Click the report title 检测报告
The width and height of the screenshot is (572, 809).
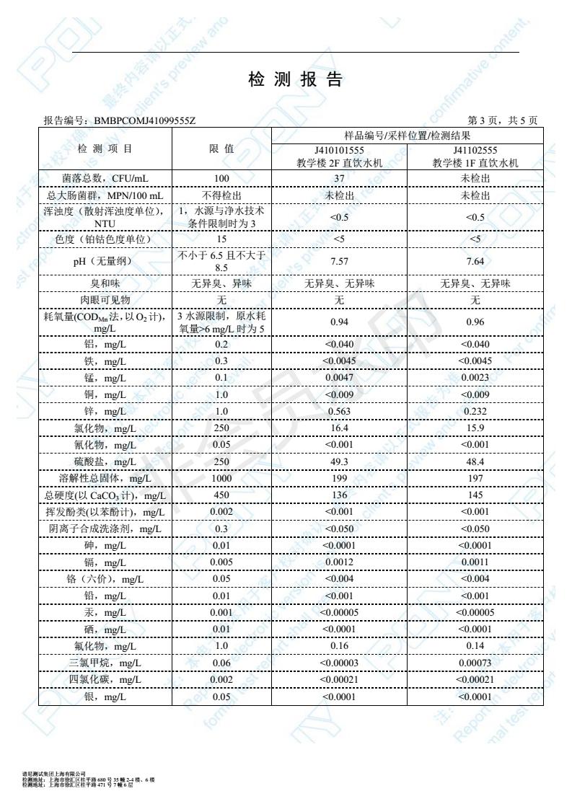[x=295, y=81]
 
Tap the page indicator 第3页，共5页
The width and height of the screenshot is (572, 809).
[x=503, y=120]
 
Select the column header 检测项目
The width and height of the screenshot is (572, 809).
[x=105, y=149]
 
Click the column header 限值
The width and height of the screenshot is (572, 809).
[x=221, y=149]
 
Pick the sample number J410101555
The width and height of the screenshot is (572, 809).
[x=339, y=151]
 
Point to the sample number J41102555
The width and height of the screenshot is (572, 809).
[x=475, y=151]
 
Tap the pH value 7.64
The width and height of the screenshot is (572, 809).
[x=475, y=261]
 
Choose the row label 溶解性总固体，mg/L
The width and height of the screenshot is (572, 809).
[x=105, y=478]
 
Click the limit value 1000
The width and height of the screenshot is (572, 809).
[x=221, y=478]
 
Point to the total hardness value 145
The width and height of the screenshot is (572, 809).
[x=475, y=495]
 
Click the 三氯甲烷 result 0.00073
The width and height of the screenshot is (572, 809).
[x=475, y=663]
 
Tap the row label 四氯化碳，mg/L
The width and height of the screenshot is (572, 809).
[x=105, y=680]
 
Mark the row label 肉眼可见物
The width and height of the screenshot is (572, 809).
[x=105, y=299]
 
